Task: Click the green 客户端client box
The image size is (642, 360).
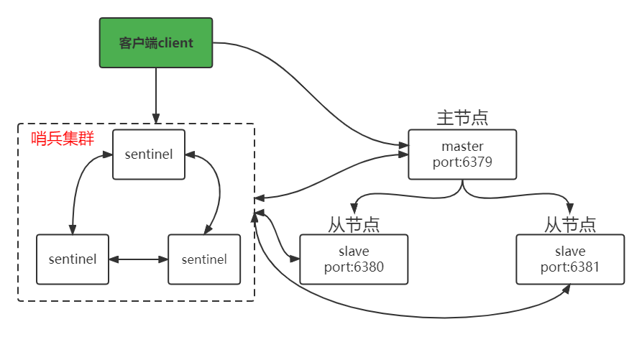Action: click(x=156, y=43)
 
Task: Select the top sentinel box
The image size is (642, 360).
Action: click(x=148, y=154)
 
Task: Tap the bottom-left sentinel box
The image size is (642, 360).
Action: click(x=72, y=259)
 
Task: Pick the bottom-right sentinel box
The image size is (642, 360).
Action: click(x=203, y=259)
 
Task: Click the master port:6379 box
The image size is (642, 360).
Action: click(x=462, y=154)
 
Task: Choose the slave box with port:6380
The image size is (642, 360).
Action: click(x=353, y=259)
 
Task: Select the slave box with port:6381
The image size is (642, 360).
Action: click(x=570, y=259)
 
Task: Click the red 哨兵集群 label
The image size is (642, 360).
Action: click(x=63, y=139)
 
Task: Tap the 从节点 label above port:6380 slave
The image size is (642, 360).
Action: click(x=354, y=224)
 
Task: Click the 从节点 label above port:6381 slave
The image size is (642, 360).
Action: click(x=570, y=224)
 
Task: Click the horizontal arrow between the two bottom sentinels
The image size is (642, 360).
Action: click(x=138, y=259)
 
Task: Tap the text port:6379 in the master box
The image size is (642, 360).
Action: click(x=462, y=162)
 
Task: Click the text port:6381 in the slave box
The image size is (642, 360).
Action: click(x=570, y=267)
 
